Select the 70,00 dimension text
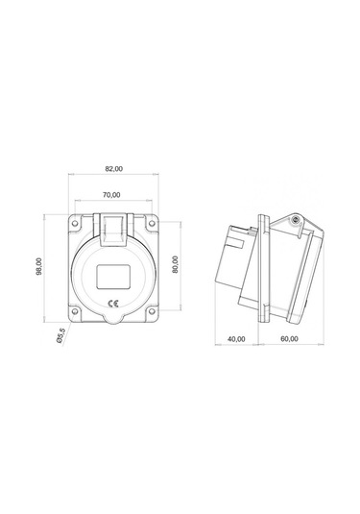(113, 195)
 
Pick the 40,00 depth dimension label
(235, 338)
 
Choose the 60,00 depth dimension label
(289, 338)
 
